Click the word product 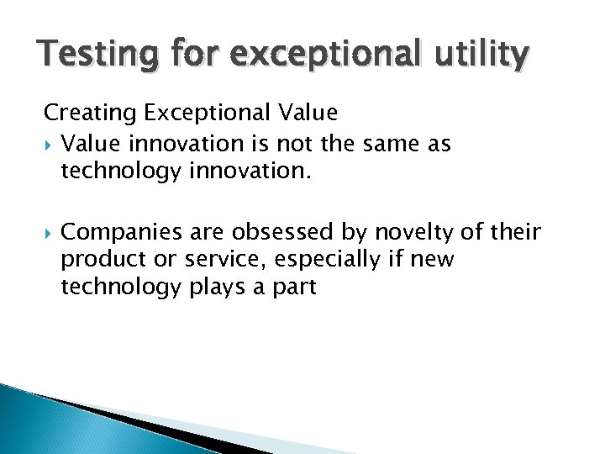94,259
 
